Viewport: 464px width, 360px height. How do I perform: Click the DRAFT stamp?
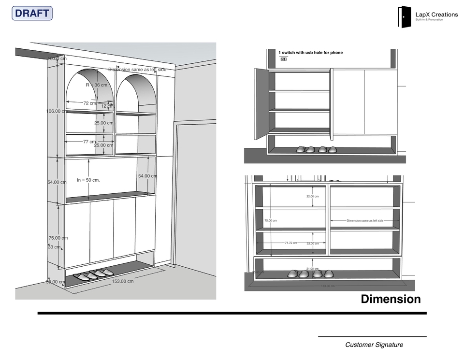coord(32,14)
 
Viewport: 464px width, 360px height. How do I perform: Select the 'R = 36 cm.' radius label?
coord(98,85)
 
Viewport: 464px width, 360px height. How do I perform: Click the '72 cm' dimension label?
coord(90,103)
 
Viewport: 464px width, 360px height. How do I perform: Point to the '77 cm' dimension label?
coord(89,142)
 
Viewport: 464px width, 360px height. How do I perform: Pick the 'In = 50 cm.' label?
coord(88,180)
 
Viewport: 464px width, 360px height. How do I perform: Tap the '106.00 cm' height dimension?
coord(57,111)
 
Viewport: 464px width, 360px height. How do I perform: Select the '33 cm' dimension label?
coord(54,247)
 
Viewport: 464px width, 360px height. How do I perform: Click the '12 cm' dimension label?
coord(107,106)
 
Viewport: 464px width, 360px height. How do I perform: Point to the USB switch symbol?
coord(284,59)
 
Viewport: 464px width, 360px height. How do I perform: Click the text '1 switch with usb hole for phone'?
coord(311,53)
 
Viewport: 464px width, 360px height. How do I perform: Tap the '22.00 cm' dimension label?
coord(313,197)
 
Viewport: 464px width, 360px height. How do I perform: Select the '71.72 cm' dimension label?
coord(290,243)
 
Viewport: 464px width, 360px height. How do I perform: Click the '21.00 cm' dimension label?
coord(313,269)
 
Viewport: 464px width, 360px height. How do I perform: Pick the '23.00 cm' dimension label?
coord(313,244)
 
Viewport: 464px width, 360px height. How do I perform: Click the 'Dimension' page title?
coord(391,299)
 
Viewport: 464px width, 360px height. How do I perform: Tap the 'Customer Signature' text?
coord(374,345)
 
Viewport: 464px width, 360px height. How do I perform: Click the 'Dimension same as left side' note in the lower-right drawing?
coord(365,220)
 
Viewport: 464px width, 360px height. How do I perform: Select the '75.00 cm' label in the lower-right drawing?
coord(271,220)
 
